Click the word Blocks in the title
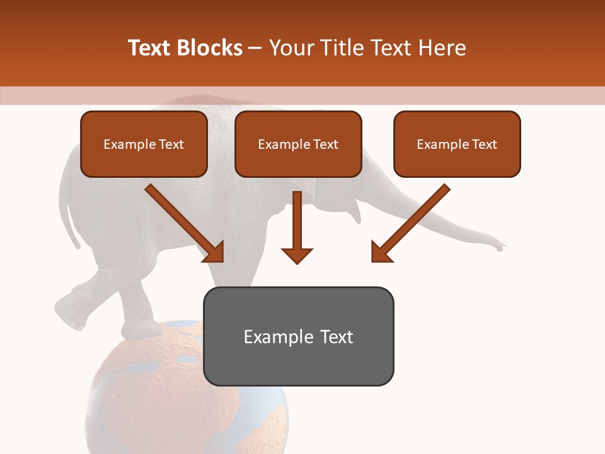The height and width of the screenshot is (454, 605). pyautogui.click(x=209, y=48)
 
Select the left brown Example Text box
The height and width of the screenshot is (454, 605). pyautogui.click(x=144, y=144)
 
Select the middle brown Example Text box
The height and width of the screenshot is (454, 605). pyautogui.click(x=298, y=144)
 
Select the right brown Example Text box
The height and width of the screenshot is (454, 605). pyautogui.click(x=457, y=144)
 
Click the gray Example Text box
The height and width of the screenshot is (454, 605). pyautogui.click(x=298, y=336)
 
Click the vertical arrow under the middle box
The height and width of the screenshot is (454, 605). pyautogui.click(x=297, y=227)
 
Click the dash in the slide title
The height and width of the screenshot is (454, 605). pyautogui.click(x=255, y=48)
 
